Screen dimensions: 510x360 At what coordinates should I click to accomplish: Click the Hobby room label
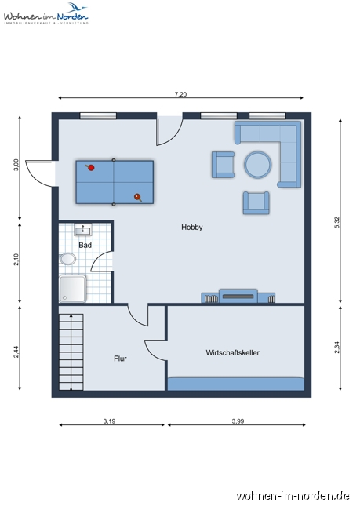192,228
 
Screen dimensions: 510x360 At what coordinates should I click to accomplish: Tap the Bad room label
85,245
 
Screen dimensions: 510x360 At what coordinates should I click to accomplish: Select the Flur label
120,359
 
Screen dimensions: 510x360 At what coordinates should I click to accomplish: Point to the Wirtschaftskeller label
233,352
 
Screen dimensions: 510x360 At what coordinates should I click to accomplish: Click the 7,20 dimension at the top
180,94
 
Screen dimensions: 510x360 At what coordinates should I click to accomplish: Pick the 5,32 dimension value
337,221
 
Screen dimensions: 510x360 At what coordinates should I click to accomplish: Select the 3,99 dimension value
238,422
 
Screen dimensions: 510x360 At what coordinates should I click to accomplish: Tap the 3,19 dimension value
110,422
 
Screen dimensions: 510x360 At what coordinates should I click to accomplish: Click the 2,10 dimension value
16,259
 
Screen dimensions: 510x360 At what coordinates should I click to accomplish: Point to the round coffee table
257,165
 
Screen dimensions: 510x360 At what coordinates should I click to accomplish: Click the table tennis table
115,182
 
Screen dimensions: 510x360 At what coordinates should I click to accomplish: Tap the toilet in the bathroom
67,259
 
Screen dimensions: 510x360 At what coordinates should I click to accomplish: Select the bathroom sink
82,231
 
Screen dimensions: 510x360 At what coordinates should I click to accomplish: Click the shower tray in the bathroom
72,288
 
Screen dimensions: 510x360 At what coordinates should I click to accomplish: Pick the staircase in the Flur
71,349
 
